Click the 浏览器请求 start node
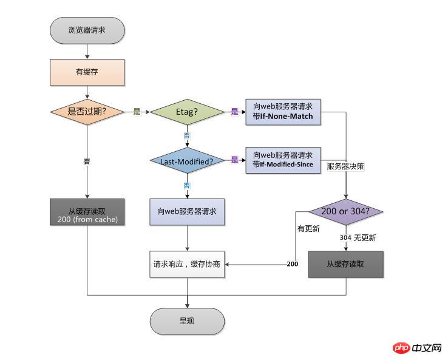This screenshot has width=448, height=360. coord(88,30)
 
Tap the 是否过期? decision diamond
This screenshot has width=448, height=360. coord(88,112)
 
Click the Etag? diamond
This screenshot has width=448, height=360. coord(187,112)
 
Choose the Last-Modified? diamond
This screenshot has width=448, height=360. coord(187,161)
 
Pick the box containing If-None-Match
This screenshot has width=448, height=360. coord(283,112)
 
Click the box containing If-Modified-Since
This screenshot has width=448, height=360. coord(283,160)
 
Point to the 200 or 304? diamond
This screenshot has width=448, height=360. coord(346,212)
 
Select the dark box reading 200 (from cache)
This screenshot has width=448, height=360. coord(88,212)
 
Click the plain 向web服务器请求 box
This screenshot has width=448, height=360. coord(187,212)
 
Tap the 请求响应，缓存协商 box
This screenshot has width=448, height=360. coord(187,265)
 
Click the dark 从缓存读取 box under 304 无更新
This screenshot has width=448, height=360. coord(346,265)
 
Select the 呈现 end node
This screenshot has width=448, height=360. coord(187,321)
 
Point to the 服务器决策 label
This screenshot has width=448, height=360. coord(345,166)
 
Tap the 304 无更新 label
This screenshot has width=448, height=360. coord(358,238)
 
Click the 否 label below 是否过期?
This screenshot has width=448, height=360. coord(87,162)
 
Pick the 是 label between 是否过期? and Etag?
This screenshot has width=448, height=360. coord(137,112)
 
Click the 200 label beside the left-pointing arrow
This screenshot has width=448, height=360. coord(292,265)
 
